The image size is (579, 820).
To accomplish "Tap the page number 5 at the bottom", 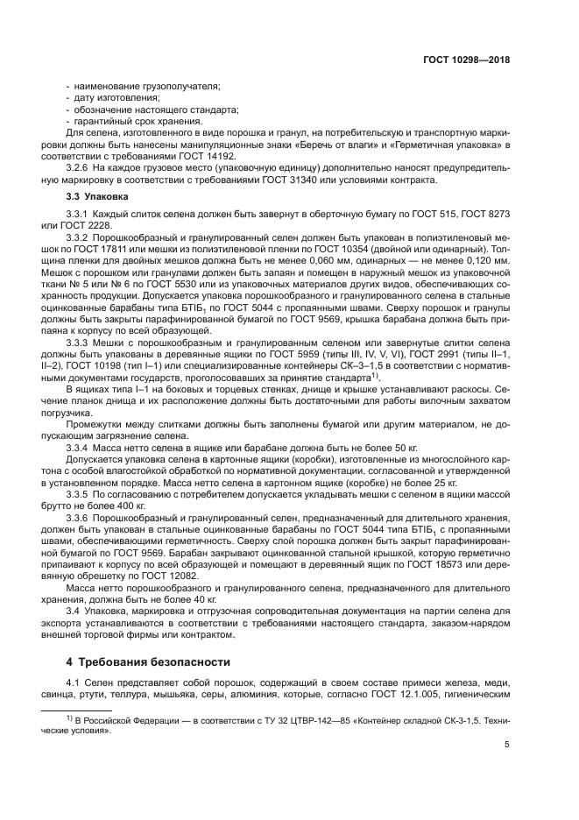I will (x=507, y=746).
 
